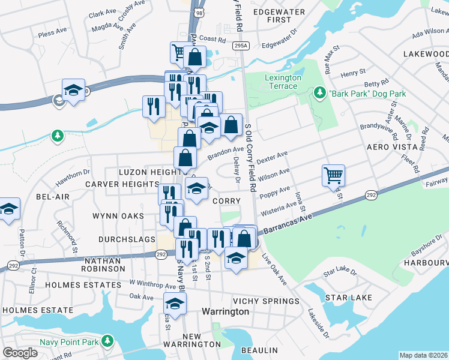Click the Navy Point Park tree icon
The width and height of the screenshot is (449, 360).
pyautogui.click(x=107, y=341)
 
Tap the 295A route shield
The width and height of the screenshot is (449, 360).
pyautogui.click(x=240, y=45)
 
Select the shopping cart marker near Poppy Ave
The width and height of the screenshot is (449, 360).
pyautogui.click(x=333, y=176)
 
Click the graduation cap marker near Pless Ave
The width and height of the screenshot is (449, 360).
pyautogui.click(x=73, y=91)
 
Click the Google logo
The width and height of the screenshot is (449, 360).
pyautogui.click(x=20, y=353)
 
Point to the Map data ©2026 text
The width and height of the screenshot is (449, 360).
pyautogui.click(x=423, y=355)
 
